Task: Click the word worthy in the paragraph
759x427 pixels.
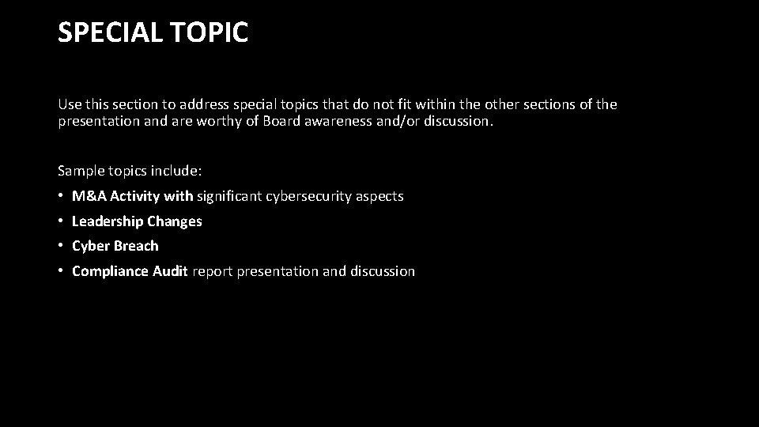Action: tap(236, 122)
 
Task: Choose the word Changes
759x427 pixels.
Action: tap(175, 221)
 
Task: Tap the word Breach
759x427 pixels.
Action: tap(137, 246)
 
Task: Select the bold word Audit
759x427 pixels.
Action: tap(169, 271)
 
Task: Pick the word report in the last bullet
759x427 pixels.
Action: tap(211, 271)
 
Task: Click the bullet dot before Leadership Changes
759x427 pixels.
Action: tap(61, 221)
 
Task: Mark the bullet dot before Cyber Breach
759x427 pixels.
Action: tap(61, 246)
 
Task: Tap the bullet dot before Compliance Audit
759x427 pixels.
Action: tap(61, 271)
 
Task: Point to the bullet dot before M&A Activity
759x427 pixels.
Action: tap(61, 196)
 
